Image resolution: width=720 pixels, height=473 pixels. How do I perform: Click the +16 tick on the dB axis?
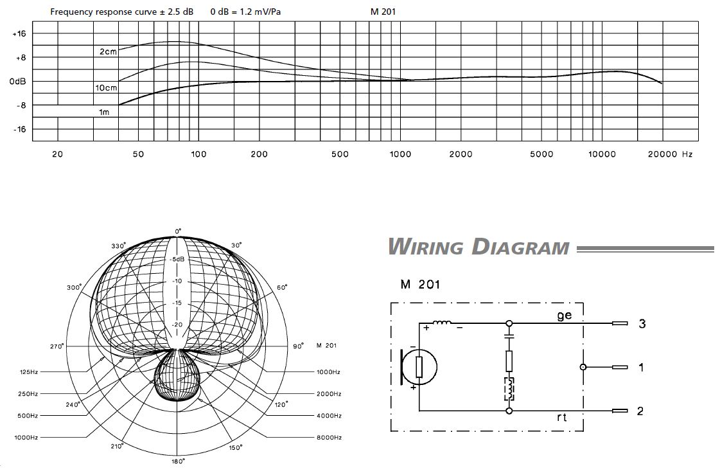pos(19,33)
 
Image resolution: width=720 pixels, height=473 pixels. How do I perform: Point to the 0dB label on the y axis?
pos(18,82)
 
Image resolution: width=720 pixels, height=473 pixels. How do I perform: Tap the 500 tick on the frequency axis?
pos(340,154)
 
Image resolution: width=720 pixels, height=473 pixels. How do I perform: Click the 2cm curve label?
pos(108,51)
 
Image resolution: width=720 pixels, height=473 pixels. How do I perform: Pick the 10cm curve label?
pos(106,87)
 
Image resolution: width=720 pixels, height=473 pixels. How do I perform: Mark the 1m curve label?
pos(103,112)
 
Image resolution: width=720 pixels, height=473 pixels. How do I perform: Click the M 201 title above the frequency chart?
pos(383,12)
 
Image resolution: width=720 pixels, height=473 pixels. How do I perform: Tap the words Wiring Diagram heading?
pos(479,247)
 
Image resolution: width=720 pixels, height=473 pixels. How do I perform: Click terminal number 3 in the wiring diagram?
pos(642,323)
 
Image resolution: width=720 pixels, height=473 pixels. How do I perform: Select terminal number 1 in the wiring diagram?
pos(641,367)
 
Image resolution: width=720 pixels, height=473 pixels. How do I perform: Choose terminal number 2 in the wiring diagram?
pos(640,411)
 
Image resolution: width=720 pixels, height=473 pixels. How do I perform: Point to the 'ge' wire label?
pos(564,316)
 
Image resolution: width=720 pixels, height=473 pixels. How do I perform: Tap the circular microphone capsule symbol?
pos(419,367)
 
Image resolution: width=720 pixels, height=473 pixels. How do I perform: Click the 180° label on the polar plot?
pos(178,461)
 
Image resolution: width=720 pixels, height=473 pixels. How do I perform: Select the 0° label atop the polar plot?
pos(179,231)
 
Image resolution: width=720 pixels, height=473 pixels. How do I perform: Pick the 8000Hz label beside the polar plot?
pos(328,438)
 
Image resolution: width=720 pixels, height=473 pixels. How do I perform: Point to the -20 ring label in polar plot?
pos(178,325)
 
